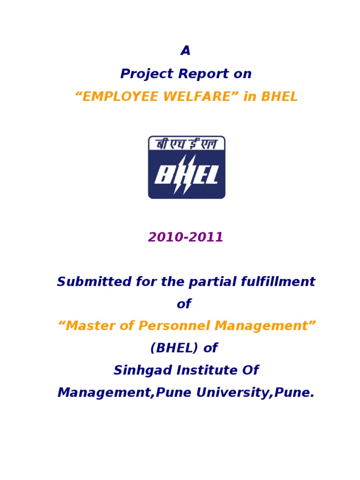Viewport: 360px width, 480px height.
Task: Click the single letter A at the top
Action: (x=186, y=51)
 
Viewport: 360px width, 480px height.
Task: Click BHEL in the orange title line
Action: (x=279, y=97)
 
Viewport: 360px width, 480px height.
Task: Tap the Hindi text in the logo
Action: (x=187, y=143)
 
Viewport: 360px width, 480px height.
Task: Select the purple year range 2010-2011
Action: (x=186, y=237)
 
